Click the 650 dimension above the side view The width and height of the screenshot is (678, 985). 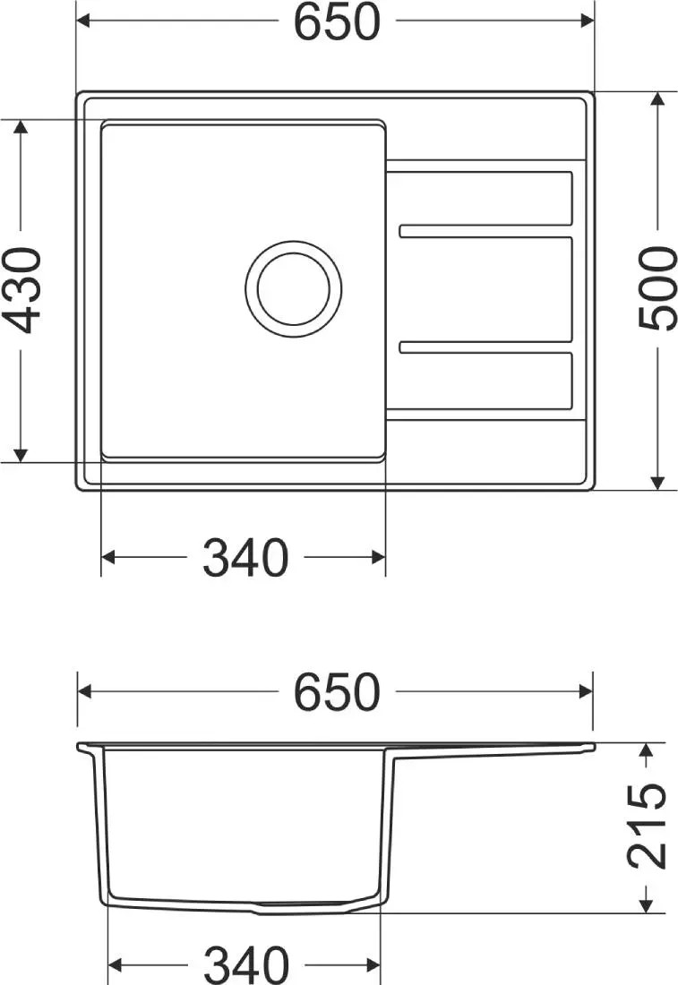pos(338,691)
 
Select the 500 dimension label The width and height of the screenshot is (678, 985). pos(657,288)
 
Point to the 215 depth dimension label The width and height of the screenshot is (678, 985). pos(647,827)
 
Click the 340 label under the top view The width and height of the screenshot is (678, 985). pos(245,557)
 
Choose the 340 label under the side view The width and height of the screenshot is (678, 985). pos(245,964)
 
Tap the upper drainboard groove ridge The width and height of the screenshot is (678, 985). pos(486,231)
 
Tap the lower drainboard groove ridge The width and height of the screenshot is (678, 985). pos(486,347)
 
